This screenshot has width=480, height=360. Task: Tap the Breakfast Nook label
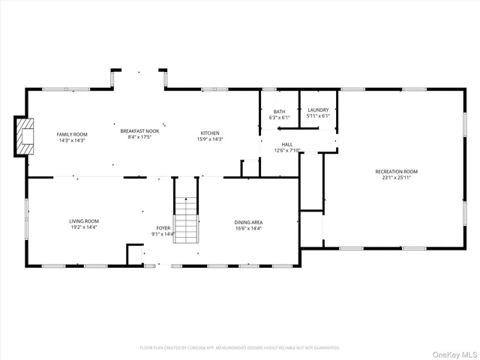(x=140, y=130)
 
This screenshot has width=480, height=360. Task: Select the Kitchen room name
(x=210, y=133)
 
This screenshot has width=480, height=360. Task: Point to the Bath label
(x=279, y=111)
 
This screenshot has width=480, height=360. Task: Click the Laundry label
(x=318, y=110)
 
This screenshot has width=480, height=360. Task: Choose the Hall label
(x=287, y=144)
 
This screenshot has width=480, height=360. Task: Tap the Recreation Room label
(x=397, y=172)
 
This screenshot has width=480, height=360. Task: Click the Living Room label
(x=84, y=221)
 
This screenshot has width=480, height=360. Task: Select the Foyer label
(x=163, y=227)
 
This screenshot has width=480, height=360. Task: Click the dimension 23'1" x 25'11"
(x=397, y=178)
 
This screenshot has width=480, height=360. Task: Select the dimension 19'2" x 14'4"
(x=84, y=227)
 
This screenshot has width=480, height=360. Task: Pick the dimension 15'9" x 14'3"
(x=210, y=139)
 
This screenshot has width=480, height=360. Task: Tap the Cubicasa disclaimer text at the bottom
(x=240, y=348)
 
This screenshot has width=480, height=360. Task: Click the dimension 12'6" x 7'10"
(x=287, y=151)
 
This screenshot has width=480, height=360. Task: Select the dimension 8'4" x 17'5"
(x=140, y=136)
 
